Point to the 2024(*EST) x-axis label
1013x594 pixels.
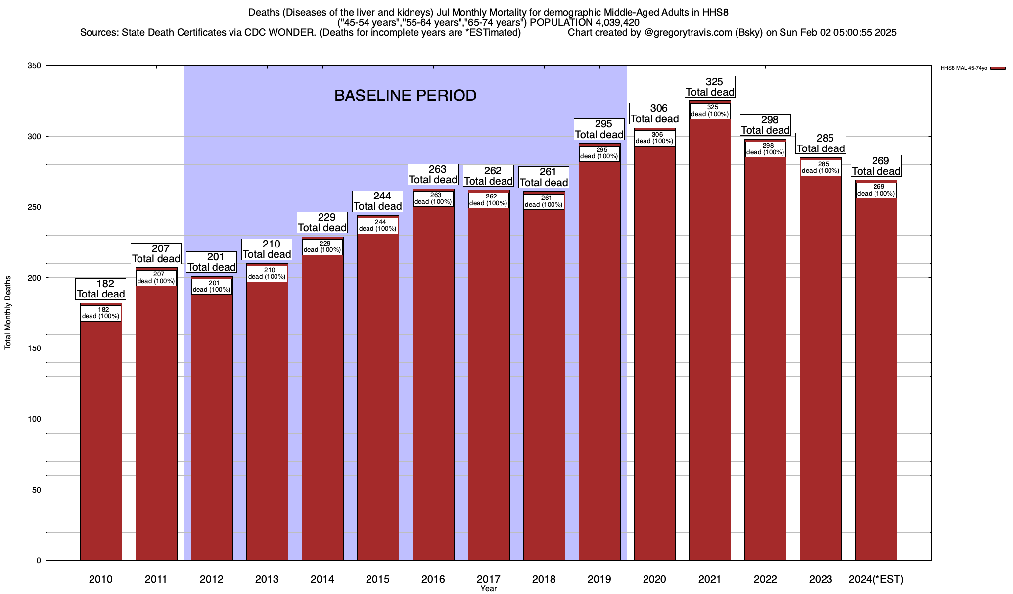(x=876, y=579)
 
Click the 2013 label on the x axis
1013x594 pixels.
(x=267, y=579)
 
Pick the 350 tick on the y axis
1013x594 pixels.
(x=35, y=66)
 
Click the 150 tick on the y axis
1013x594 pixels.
(x=35, y=348)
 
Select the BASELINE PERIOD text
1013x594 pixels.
(x=405, y=96)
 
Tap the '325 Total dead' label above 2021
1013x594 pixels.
(x=710, y=87)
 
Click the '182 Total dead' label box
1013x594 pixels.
(x=101, y=289)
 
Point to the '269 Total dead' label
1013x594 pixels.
(x=876, y=166)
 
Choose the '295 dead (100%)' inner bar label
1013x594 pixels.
(x=599, y=153)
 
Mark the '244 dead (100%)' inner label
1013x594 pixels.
(x=377, y=226)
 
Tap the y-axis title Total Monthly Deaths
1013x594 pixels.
(x=8, y=313)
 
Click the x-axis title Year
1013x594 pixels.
(x=488, y=589)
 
